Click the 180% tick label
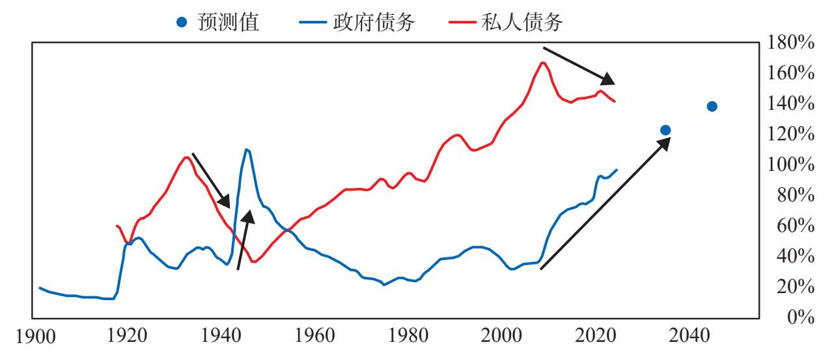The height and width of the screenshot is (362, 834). (790, 42)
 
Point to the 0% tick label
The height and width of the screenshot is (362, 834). (801, 317)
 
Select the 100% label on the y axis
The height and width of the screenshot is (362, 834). (790, 164)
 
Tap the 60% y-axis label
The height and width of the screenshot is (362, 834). (796, 226)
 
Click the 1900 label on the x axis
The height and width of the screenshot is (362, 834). (36, 337)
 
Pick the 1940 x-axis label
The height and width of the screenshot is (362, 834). (221, 335)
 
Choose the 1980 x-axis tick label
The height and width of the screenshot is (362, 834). (408, 335)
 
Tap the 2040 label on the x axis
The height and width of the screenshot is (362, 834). (689, 335)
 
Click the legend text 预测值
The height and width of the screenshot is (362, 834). (229, 22)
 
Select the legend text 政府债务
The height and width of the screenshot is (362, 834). (374, 22)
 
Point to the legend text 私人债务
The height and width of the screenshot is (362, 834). (522, 22)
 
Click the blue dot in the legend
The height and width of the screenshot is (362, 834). (182, 22)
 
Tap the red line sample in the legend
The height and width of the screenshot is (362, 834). (462, 22)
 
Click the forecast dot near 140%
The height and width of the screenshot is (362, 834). (712, 107)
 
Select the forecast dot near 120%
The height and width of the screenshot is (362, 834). (665, 130)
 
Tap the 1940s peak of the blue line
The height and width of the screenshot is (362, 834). (247, 149)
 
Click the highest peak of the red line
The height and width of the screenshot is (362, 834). (542, 62)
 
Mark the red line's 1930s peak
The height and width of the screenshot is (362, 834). (186, 157)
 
